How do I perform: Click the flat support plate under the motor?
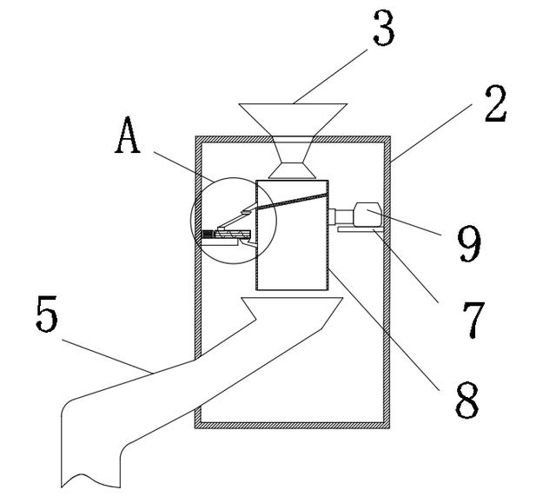click(356, 230)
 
